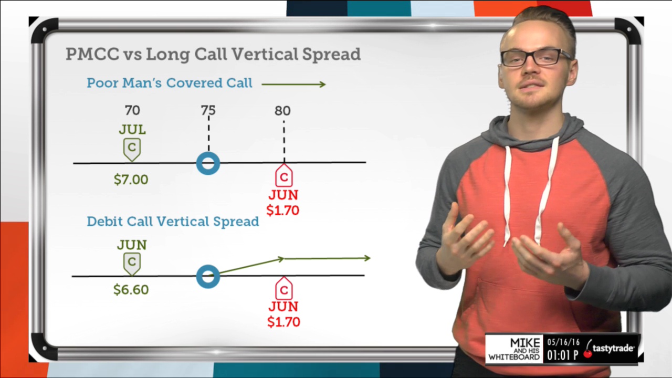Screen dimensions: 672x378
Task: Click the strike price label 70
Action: [x=132, y=110]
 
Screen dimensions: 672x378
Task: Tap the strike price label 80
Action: [x=282, y=111]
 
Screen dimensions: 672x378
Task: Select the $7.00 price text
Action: [x=131, y=180]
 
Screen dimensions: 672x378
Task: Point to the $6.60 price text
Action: [x=131, y=289]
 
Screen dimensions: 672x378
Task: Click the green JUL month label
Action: [x=132, y=130]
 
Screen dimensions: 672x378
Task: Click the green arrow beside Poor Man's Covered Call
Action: [x=293, y=85]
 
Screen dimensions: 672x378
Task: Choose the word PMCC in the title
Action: [x=92, y=54]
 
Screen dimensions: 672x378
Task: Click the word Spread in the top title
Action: [x=331, y=54]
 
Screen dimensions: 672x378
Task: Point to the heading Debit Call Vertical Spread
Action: [x=173, y=222]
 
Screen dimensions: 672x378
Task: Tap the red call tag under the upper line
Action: [x=284, y=175]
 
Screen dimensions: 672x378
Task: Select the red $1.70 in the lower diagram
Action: [x=284, y=322]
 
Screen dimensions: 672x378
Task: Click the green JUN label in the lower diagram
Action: [x=132, y=245]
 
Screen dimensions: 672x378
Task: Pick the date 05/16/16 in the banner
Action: [x=563, y=342]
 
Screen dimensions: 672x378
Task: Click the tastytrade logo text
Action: [x=613, y=349]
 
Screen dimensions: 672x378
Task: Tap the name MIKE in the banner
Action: [x=525, y=343]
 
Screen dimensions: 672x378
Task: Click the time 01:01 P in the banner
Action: [x=563, y=355]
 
